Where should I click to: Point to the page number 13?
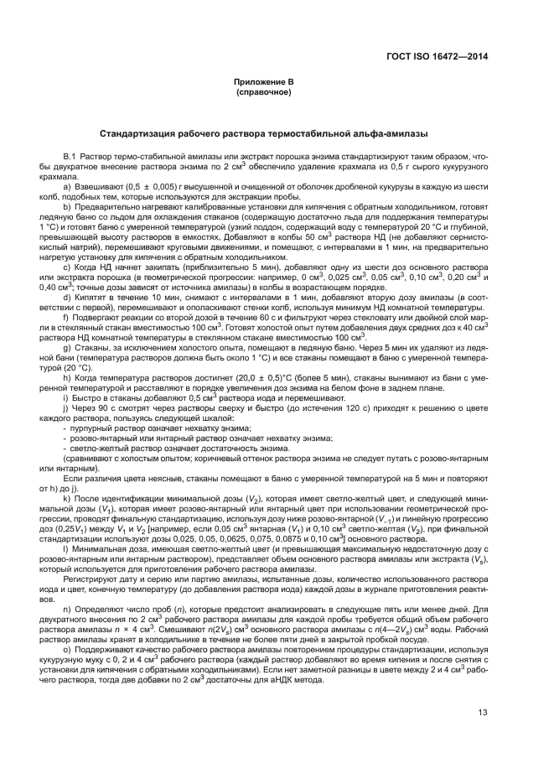(483, 713)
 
